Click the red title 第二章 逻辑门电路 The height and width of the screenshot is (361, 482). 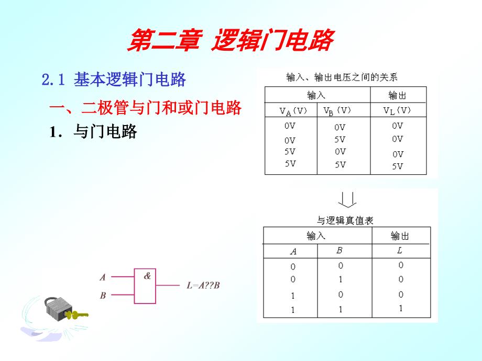pos(229,41)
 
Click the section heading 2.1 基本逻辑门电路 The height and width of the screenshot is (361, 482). pos(114,80)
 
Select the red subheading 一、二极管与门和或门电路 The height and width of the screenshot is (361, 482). pos(145,108)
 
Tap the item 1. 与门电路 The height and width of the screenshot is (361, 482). pos(93,132)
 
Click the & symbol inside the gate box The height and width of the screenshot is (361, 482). pos(147,276)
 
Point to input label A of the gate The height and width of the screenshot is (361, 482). pos(103,277)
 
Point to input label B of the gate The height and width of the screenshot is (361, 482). pos(103,295)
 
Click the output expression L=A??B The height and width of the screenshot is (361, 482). pos(203,286)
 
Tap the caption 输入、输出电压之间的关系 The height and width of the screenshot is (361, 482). pos(342,77)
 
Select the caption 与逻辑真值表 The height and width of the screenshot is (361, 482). pos(345,221)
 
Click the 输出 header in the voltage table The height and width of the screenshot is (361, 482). pos(398,95)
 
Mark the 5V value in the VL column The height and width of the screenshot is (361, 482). pos(398,166)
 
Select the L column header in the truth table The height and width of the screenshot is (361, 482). pos(400,251)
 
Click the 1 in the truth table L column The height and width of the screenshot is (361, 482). pos(400,308)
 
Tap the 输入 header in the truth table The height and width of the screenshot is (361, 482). pos(316,236)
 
